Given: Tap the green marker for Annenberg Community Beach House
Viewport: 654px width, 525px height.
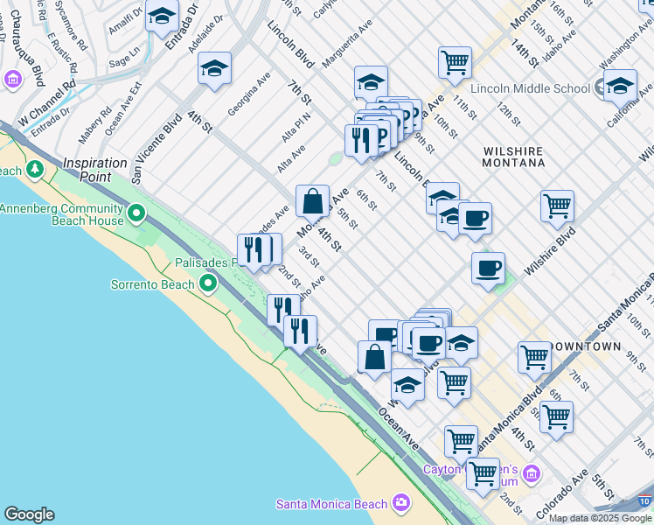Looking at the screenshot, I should [x=136, y=213].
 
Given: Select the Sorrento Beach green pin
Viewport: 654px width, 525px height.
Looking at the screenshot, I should [x=208, y=283].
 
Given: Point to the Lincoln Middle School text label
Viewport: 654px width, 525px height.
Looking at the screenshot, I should [x=530, y=88].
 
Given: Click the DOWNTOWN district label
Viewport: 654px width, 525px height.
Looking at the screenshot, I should [x=609, y=346].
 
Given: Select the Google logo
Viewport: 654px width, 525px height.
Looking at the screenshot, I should [x=29, y=514].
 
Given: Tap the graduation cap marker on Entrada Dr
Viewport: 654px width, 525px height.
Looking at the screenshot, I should [x=162, y=16].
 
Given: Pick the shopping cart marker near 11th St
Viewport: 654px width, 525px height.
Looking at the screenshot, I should [x=455, y=61].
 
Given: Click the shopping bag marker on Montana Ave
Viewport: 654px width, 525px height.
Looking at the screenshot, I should [x=312, y=200].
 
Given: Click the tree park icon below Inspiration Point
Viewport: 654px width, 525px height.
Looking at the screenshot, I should [x=35, y=167].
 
